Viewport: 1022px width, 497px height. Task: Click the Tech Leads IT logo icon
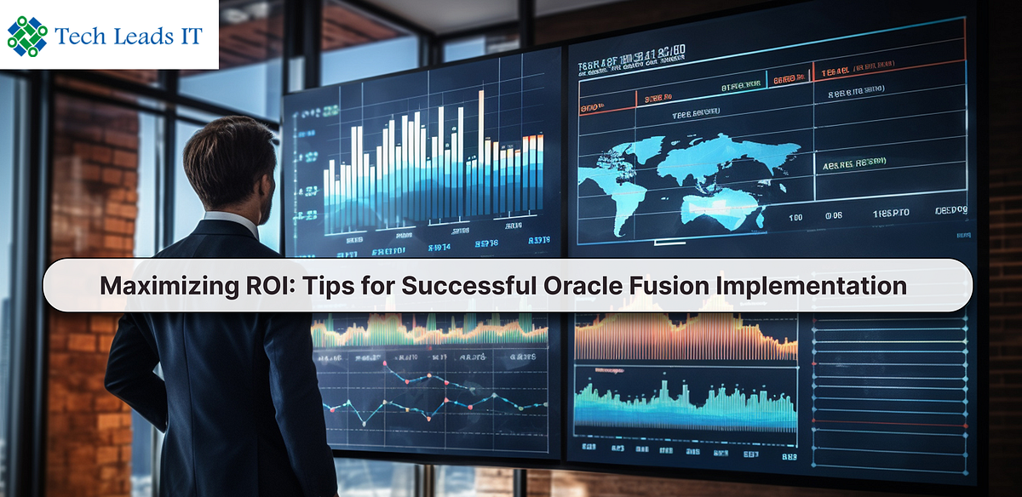tap(26, 34)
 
